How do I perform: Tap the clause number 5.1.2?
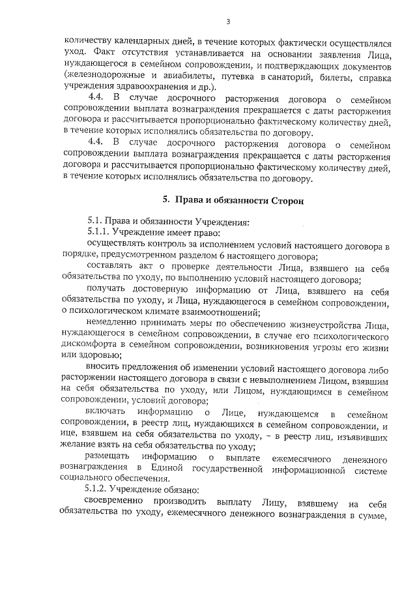tap(98, 489)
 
